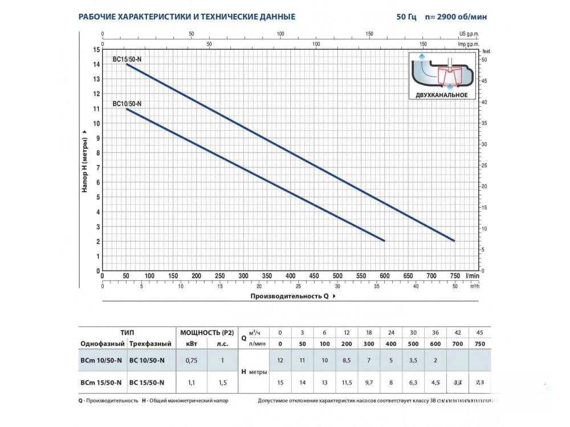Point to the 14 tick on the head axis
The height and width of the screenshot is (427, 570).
(95, 64)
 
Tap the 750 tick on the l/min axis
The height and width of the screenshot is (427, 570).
(454, 276)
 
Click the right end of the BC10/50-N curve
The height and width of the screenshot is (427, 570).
(385, 241)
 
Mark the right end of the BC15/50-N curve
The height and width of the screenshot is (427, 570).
(455, 241)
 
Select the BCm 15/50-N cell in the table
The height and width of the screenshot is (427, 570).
(101, 382)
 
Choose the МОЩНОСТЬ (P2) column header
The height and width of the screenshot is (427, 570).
(207, 332)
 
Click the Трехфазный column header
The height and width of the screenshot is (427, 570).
(150, 344)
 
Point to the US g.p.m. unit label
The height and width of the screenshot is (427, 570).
(469, 34)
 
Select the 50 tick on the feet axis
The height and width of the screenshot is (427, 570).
(484, 59)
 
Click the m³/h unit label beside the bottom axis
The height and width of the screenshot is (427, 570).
(474, 286)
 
